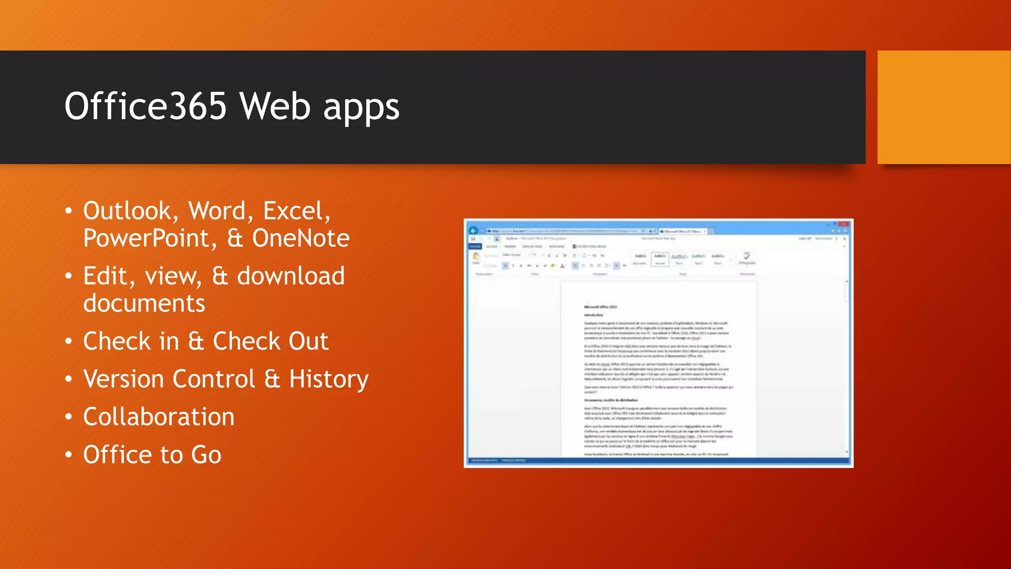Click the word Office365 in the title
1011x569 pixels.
click(x=145, y=106)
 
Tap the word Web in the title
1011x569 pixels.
click(x=275, y=106)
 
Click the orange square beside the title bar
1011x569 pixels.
click(x=944, y=107)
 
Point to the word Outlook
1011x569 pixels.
click(x=127, y=211)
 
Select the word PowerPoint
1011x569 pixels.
click(x=147, y=239)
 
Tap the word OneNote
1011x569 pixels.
click(x=301, y=239)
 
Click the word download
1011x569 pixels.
click(x=291, y=276)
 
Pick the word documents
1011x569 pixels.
click(x=144, y=303)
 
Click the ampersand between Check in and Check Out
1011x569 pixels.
click(x=196, y=341)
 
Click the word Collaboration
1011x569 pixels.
click(x=158, y=417)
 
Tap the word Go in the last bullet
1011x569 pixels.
click(x=206, y=455)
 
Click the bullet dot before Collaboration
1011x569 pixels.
click(x=69, y=417)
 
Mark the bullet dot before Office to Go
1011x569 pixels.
click(x=69, y=455)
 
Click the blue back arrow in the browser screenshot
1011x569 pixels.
click(x=473, y=231)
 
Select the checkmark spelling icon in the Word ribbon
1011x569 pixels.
click(x=746, y=256)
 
